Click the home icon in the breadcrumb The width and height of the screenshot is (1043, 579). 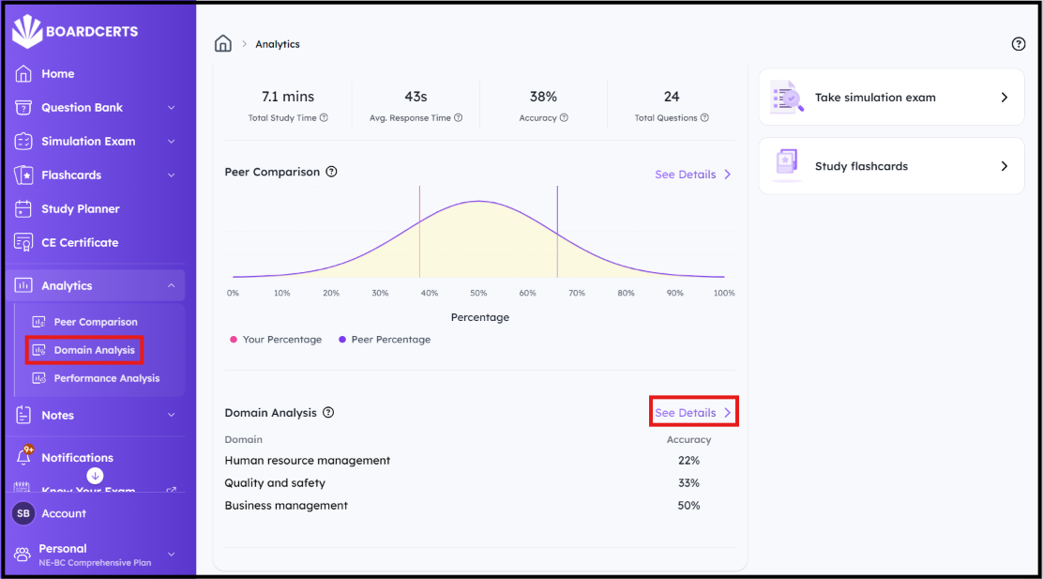coord(223,44)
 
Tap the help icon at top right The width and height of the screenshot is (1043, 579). coord(1018,44)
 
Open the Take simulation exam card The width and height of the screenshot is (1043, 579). coord(891,98)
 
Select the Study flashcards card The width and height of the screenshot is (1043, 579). coord(891,166)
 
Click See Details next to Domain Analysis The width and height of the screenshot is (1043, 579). coord(693,413)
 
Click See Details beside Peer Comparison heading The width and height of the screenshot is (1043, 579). coord(693,175)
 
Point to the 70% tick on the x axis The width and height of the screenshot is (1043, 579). coord(577,293)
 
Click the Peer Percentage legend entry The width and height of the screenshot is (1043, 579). coord(385,340)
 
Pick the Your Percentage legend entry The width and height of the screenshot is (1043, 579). coord(276,340)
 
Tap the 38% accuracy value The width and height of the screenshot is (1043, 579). coord(543,97)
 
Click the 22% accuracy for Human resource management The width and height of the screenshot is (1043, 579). coord(688,461)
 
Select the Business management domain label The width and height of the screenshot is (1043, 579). coord(286,506)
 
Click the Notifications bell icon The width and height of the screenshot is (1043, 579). coord(24,457)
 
